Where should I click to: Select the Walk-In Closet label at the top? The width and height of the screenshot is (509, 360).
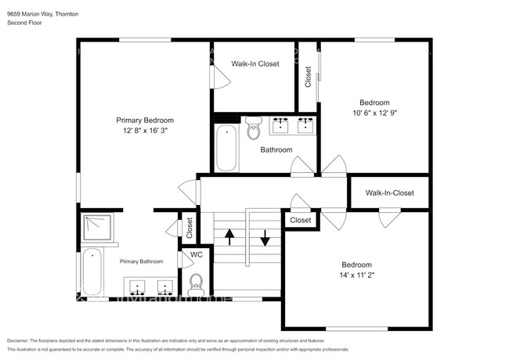coord(254,64)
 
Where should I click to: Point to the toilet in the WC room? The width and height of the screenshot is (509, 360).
coord(197,280)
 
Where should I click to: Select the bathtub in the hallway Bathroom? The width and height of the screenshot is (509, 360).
coord(226,147)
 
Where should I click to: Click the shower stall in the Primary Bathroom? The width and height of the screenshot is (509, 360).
coord(97,229)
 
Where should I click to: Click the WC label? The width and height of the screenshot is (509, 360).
coord(196,254)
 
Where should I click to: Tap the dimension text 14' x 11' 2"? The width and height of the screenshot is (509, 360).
coord(356,275)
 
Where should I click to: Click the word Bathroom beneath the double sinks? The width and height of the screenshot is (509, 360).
coord(276,149)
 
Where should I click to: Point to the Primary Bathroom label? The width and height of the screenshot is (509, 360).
coord(141,261)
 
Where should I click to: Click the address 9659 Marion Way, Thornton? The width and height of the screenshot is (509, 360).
coord(43,13)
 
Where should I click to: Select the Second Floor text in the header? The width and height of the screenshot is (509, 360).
coord(25,23)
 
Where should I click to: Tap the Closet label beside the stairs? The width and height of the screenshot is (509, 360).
coord(301,220)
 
